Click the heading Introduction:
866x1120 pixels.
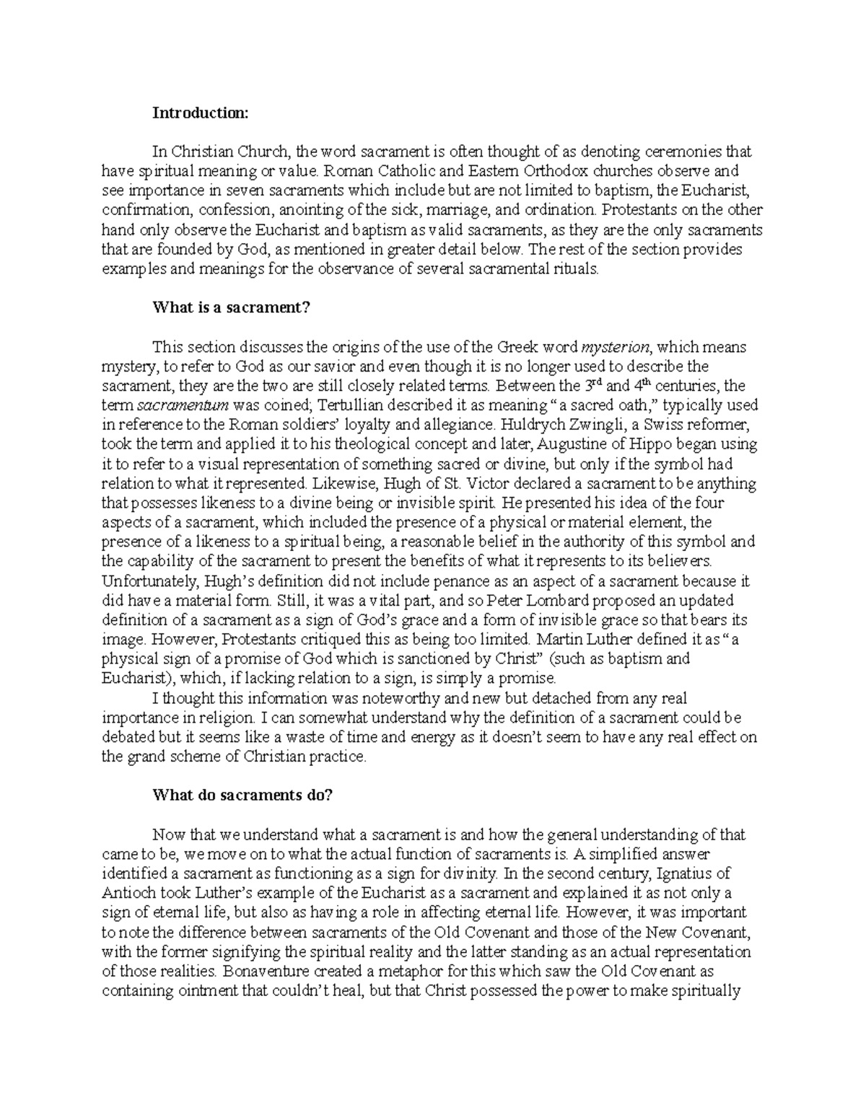pyautogui.click(x=199, y=113)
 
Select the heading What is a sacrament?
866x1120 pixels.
pyautogui.click(x=230, y=307)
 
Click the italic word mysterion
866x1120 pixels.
pyautogui.click(x=615, y=347)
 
